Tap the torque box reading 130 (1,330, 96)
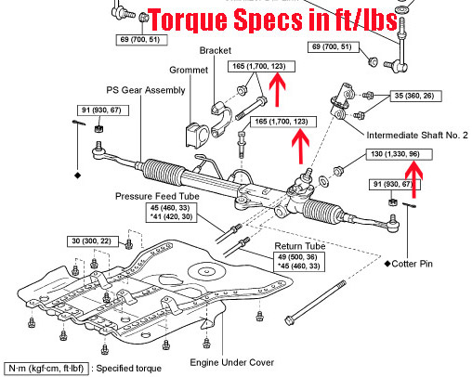click(399, 154)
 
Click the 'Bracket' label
click(216, 50)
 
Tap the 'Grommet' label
click(189, 70)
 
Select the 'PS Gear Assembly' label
click(146, 90)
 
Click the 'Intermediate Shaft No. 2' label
click(417, 136)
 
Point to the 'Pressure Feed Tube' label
click(157, 196)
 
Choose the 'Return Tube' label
click(300, 246)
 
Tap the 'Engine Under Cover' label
click(232, 362)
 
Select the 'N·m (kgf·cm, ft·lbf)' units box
click(46, 369)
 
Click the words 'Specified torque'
click(129, 369)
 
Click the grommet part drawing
click(197, 135)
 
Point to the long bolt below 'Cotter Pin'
click(315, 303)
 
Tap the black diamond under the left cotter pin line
click(78, 175)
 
